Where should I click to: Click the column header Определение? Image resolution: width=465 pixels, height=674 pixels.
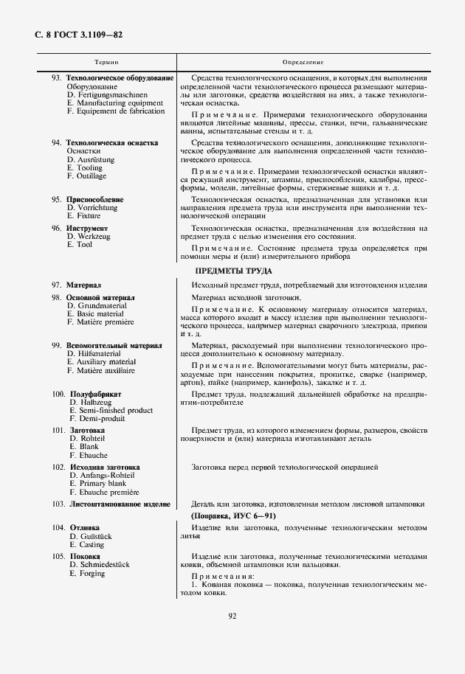coord(303,63)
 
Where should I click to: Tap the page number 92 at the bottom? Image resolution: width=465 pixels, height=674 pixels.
coord(232,616)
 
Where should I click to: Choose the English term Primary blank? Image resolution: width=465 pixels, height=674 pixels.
coord(101,484)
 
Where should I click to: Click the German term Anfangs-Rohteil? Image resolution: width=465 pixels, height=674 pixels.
coord(105,476)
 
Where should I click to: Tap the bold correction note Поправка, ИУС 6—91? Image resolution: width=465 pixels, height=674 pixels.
coord(233,516)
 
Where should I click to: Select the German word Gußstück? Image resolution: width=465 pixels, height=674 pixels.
coord(94,537)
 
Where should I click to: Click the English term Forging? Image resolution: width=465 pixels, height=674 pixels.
coord(92,573)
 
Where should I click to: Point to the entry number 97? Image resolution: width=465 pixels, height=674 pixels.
coord(56,285)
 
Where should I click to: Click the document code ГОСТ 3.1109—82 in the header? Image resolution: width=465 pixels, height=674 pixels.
coord(91,34)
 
